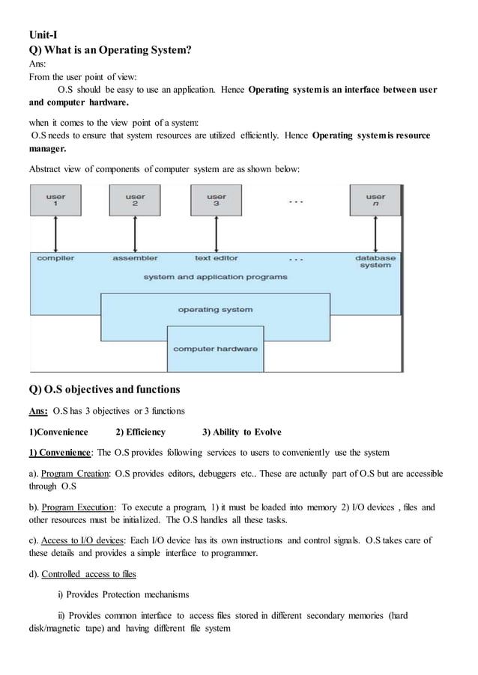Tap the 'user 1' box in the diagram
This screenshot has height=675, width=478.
pyautogui.click(x=55, y=201)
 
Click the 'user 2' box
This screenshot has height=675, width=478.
pyautogui.click(x=135, y=201)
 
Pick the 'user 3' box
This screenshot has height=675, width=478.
pyautogui.click(x=217, y=201)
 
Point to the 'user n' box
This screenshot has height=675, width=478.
pyautogui.click(x=375, y=201)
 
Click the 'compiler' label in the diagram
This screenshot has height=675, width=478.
pyautogui.click(x=56, y=258)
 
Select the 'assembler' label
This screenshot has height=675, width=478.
pyautogui.click(x=135, y=258)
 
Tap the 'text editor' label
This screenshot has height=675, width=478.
pyautogui.click(x=217, y=258)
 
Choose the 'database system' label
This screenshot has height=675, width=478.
pyautogui.click(x=375, y=261)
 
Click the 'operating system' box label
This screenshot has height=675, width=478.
pyautogui.click(x=215, y=309)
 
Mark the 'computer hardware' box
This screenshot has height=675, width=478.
pyautogui.click(x=215, y=349)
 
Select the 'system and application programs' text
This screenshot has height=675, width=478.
pyautogui.click(x=215, y=277)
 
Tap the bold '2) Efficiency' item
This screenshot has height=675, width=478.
pyautogui.click(x=140, y=432)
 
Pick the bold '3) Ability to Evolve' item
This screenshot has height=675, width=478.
pyautogui.click(x=242, y=432)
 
